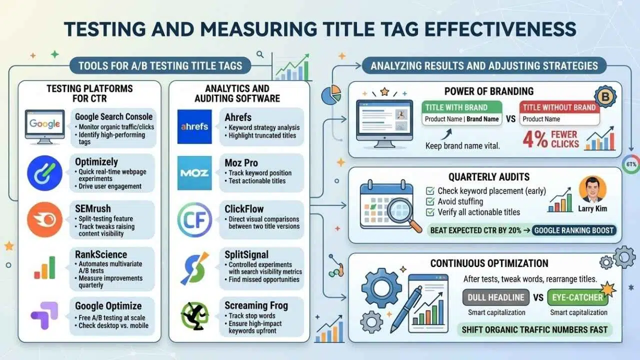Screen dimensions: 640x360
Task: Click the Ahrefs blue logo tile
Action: (x=194, y=126)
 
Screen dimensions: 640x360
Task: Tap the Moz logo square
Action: (x=194, y=173)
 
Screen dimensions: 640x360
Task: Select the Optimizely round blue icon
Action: (x=44, y=173)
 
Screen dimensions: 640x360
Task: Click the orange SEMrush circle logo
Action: (x=44, y=219)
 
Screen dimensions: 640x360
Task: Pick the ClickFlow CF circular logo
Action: (x=194, y=219)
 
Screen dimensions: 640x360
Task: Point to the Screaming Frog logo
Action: (x=194, y=315)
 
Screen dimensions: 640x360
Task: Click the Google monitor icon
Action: (x=44, y=127)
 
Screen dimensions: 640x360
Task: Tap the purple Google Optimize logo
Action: (x=44, y=315)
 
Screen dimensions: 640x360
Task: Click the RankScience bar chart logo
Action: (x=44, y=267)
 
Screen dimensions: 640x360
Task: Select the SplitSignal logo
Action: (x=194, y=268)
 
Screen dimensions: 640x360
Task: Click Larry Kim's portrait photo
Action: (x=592, y=189)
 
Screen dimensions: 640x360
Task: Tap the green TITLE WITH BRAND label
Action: (x=462, y=107)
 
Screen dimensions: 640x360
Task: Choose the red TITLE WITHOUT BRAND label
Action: (x=559, y=107)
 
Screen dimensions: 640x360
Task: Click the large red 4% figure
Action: (x=535, y=139)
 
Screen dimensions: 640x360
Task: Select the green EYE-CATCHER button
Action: (x=577, y=297)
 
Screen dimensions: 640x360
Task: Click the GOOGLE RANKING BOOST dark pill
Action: (x=574, y=230)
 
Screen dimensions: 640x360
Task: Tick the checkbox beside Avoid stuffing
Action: (x=430, y=201)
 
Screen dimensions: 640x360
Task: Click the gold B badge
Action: (x=605, y=96)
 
